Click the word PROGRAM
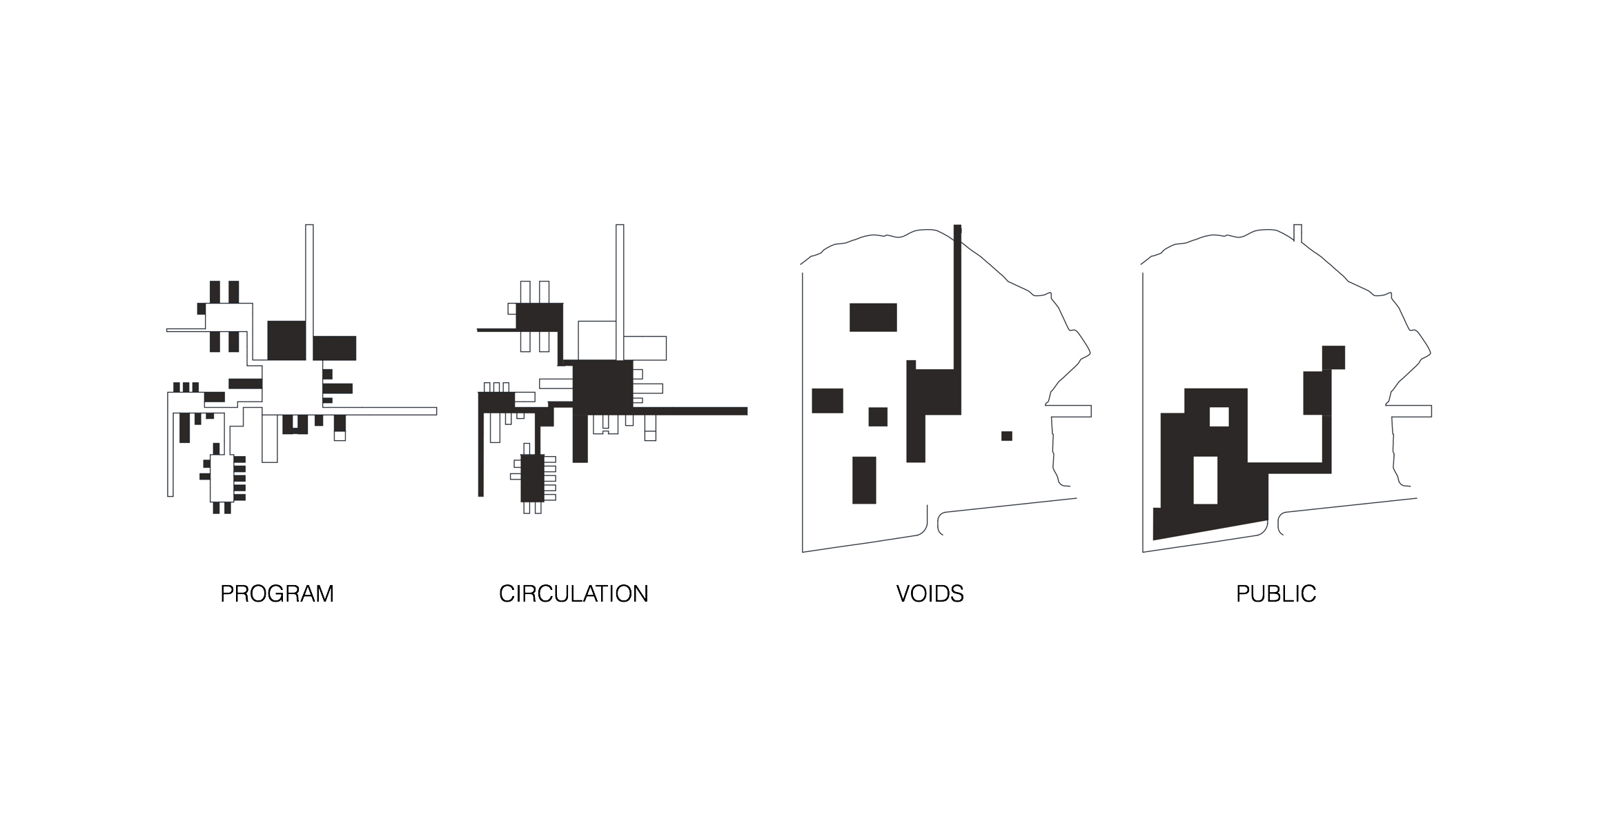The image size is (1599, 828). click(x=277, y=594)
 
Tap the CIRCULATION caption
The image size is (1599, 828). click(x=573, y=594)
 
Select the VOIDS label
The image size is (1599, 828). click(x=930, y=594)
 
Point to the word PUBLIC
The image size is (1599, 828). click(x=1276, y=594)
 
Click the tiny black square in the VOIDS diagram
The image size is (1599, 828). click(x=1007, y=436)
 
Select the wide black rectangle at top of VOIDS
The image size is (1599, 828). click(x=873, y=317)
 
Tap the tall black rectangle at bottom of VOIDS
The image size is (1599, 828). click(x=864, y=480)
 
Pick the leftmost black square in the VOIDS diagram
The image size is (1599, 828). click(x=827, y=401)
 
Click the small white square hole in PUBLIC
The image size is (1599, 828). click(x=1219, y=417)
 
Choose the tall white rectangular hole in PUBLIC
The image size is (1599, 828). click(x=1206, y=480)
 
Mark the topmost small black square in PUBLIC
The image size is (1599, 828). click(x=1333, y=357)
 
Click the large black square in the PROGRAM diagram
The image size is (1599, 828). click(x=286, y=340)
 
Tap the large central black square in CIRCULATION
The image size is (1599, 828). click(x=603, y=387)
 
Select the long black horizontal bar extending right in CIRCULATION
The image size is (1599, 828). click(x=690, y=411)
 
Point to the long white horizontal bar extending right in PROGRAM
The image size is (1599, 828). click(x=399, y=411)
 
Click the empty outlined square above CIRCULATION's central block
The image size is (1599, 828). click(x=597, y=340)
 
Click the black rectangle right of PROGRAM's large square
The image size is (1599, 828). click(x=335, y=348)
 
